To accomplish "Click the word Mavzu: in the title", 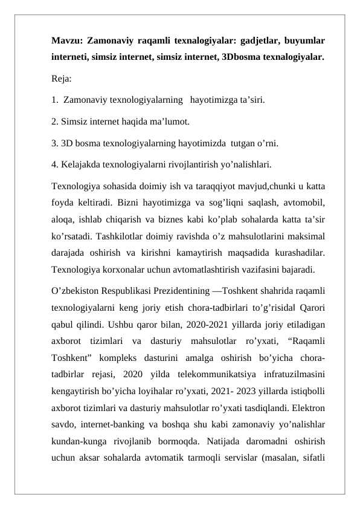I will [x=66, y=42].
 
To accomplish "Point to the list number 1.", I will [x=55, y=99].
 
